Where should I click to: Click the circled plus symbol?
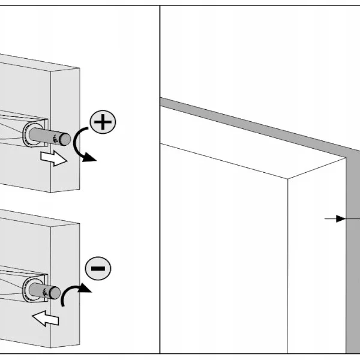tap(103, 123)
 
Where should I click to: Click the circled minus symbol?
tap(97, 268)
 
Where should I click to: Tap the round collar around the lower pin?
tap(31, 289)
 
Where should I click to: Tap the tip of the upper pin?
tap(64, 139)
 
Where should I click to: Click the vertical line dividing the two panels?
tap(160, 180)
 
